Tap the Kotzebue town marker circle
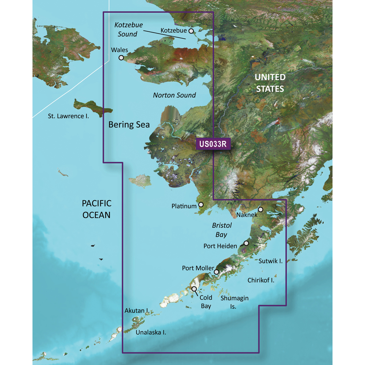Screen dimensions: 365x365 191,31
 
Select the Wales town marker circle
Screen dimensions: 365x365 121,57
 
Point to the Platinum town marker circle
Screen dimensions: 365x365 200,205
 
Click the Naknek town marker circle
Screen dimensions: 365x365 261,210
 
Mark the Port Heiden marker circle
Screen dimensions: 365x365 246,243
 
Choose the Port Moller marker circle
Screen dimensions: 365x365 216,272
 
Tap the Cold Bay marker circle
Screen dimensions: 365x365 194,289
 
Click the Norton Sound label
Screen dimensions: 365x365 174,95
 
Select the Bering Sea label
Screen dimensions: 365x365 129,125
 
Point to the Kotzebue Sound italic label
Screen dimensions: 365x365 128,30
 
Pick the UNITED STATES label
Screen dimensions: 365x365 269,83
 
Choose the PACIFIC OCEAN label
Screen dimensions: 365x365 96,209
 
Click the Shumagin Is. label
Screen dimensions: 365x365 234,302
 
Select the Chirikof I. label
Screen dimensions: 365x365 261,280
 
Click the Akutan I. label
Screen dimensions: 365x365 136,311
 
